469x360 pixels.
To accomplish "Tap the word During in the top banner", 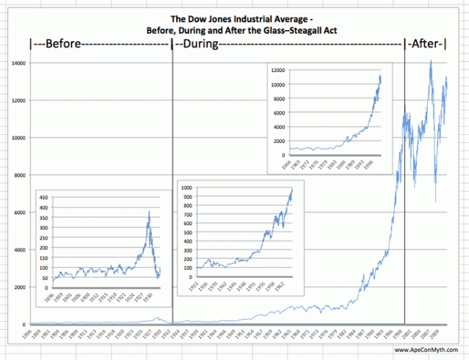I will (203, 45).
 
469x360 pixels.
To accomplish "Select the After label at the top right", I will (425, 45).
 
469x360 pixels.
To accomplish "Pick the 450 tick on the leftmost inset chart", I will (43, 197).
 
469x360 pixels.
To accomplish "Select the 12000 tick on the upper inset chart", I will (278, 70).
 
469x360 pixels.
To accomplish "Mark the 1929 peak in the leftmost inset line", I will (149, 212).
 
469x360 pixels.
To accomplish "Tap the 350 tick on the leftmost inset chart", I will (43, 215).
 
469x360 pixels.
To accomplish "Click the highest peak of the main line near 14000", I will (431, 61).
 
